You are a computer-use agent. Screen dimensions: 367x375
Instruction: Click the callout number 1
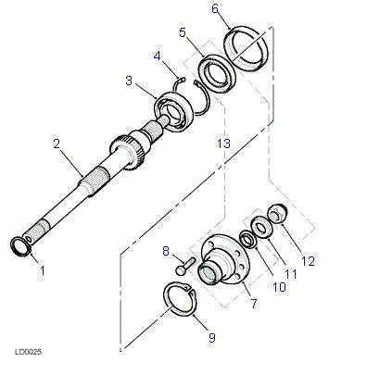(43, 270)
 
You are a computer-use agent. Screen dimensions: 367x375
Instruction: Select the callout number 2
(57, 144)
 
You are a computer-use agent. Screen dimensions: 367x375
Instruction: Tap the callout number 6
(215, 8)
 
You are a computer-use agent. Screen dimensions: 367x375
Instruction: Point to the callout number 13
(223, 144)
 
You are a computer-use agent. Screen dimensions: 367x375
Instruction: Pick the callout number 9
(212, 337)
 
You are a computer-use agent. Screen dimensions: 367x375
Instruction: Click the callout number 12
(308, 261)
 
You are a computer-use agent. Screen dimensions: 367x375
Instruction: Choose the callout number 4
(157, 56)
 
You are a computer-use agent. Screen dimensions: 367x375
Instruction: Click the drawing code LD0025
(28, 352)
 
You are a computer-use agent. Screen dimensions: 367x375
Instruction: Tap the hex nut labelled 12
(277, 213)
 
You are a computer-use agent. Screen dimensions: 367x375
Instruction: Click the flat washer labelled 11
(262, 228)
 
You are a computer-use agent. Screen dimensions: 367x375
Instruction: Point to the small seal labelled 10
(247, 239)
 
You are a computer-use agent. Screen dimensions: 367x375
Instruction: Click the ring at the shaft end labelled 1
(21, 246)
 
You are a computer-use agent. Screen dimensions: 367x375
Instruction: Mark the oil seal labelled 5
(217, 73)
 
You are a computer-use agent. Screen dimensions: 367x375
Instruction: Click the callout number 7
(254, 304)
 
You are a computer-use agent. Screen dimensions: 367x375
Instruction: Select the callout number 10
(279, 287)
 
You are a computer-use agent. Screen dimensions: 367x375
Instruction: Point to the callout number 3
(129, 81)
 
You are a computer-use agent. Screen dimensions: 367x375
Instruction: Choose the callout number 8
(166, 251)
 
